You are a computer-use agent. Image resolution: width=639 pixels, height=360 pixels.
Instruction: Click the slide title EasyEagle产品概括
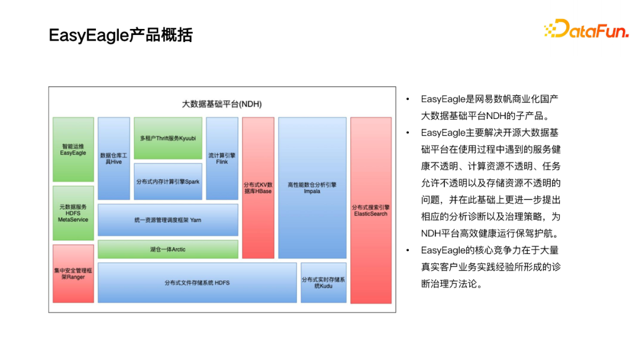[x=121, y=36]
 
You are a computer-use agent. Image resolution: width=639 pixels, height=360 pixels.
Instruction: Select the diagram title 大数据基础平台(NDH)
[x=221, y=104]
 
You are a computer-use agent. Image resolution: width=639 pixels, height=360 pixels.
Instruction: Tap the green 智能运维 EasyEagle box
[x=73, y=149]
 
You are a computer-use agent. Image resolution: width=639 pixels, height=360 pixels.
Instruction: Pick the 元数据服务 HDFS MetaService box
[x=73, y=213]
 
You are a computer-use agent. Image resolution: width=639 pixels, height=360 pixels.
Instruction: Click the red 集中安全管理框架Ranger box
[x=73, y=274]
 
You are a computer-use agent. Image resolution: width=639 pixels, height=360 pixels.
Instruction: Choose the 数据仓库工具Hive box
[x=114, y=158]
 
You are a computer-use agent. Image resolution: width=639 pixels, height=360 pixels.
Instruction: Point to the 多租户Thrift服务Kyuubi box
[x=168, y=138]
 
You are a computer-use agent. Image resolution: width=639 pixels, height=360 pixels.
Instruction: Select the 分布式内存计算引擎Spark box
[x=168, y=181]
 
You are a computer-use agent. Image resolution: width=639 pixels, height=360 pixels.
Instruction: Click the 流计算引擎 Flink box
[x=222, y=158]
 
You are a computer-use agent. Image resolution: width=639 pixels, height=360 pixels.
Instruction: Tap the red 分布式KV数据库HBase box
[x=258, y=188]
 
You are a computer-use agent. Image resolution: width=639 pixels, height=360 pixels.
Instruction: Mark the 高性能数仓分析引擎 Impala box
[x=312, y=188]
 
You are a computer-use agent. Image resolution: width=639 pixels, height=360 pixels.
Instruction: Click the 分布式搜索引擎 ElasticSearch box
[x=370, y=210]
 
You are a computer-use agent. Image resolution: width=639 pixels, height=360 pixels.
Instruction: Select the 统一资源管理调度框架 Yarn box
[x=168, y=220]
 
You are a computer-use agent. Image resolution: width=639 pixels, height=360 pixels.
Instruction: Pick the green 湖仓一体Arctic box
[x=168, y=249]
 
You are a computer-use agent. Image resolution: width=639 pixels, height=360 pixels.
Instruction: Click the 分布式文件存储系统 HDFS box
[x=197, y=283]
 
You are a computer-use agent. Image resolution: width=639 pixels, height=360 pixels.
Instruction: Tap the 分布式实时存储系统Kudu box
[x=324, y=283]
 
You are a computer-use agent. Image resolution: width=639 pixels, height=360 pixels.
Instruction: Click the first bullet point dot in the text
[x=408, y=99]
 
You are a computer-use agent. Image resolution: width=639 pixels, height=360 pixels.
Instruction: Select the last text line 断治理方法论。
[x=452, y=284]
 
